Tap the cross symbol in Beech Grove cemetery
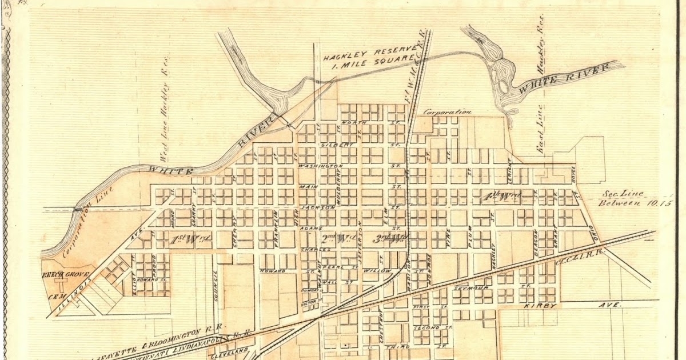(57, 284)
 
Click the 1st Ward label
(192, 237)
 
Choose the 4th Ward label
(501, 196)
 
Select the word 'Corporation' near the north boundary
(447, 113)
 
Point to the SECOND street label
(427, 327)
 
